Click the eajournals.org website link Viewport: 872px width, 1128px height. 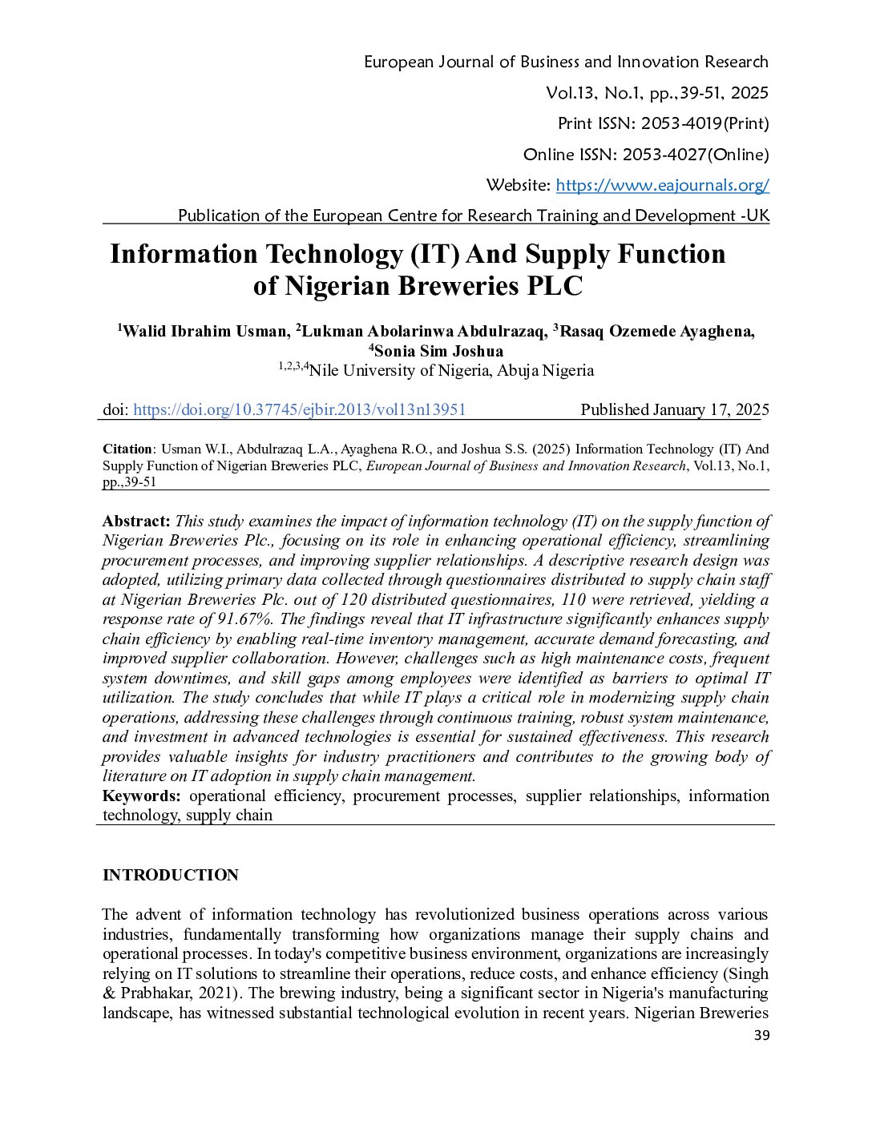(x=662, y=185)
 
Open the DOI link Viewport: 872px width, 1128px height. (x=299, y=409)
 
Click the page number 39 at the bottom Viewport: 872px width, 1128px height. (x=761, y=1035)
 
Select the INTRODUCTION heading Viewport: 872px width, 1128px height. (x=171, y=875)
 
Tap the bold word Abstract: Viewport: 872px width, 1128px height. (x=136, y=521)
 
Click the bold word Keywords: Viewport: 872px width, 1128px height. (x=142, y=796)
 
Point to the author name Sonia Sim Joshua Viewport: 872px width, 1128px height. (x=438, y=351)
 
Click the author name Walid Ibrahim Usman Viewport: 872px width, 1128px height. (x=204, y=331)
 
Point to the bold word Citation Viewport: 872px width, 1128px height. (x=127, y=449)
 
